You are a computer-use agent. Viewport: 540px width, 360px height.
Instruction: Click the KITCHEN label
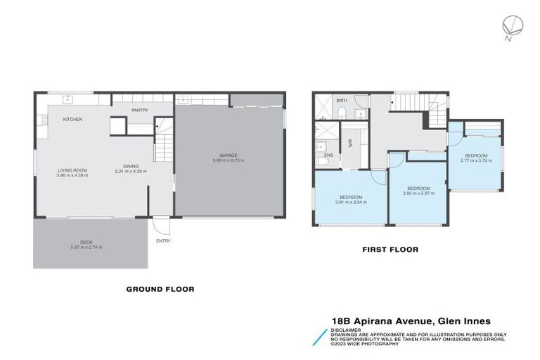click(72, 120)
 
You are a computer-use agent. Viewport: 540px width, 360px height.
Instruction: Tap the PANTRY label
click(139, 110)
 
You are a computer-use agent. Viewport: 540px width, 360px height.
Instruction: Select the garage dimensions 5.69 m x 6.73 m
click(229, 160)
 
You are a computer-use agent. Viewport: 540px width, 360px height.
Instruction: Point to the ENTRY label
click(164, 241)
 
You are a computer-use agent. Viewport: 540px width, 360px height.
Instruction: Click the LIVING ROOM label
click(72, 171)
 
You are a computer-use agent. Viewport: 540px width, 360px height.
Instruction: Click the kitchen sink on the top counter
click(68, 98)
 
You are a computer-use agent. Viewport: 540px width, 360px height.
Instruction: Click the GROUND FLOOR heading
click(160, 289)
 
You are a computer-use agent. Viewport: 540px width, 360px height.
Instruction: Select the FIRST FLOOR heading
click(390, 250)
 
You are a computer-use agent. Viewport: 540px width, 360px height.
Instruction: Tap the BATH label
click(342, 101)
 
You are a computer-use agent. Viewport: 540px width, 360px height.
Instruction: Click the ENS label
click(328, 155)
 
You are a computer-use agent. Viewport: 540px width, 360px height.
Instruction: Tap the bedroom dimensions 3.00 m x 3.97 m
click(418, 192)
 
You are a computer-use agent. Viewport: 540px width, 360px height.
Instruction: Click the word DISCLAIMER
click(347, 329)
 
